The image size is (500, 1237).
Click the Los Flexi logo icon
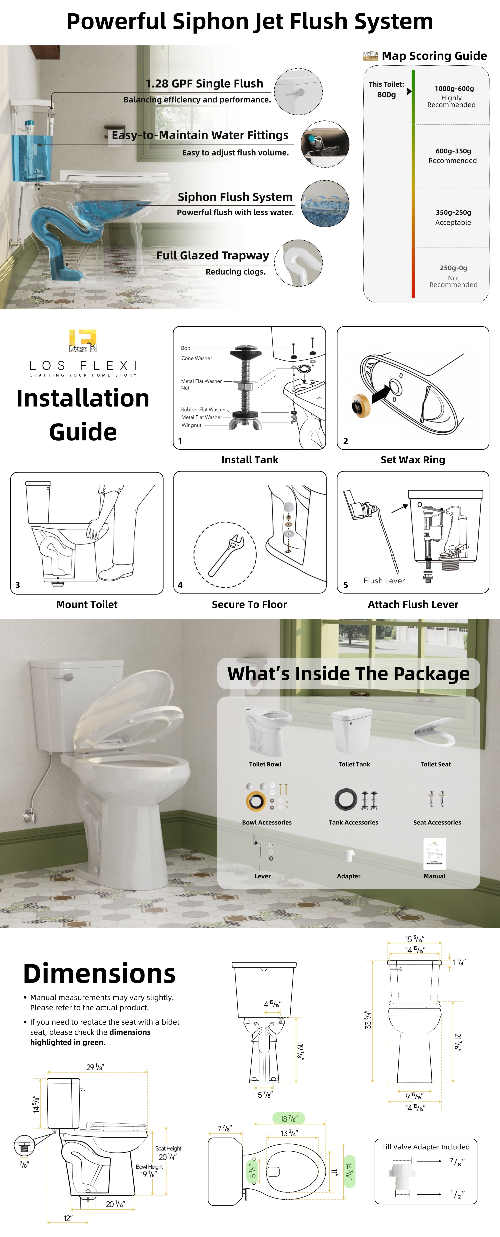[x=83, y=341]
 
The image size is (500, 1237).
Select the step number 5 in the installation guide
[x=345, y=585]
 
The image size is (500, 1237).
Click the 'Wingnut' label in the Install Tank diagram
[x=191, y=425]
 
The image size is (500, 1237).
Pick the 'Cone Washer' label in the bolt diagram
[x=196, y=358]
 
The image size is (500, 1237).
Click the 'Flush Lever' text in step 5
[x=384, y=581]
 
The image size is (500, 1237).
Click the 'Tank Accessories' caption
[x=353, y=823]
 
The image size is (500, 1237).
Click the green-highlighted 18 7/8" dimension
[x=289, y=1119]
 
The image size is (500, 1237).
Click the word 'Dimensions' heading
[x=99, y=974]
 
